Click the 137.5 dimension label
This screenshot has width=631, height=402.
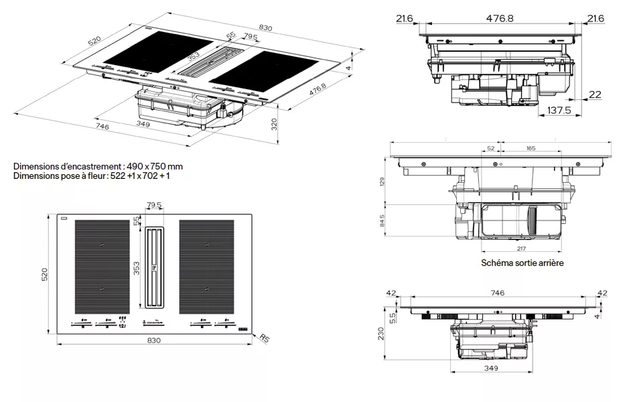pyautogui.click(x=558, y=111)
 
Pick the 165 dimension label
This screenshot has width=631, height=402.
pyautogui.click(x=531, y=148)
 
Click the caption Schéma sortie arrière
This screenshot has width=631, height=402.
pyautogui.click(x=522, y=263)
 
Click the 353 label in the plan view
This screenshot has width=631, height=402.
pyautogui.click(x=136, y=268)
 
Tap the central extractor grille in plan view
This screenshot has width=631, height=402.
pyautogui.click(x=155, y=268)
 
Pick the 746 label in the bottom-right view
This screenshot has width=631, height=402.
pyautogui.click(x=497, y=293)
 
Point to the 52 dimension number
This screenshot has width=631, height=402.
pyautogui.click(x=490, y=148)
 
